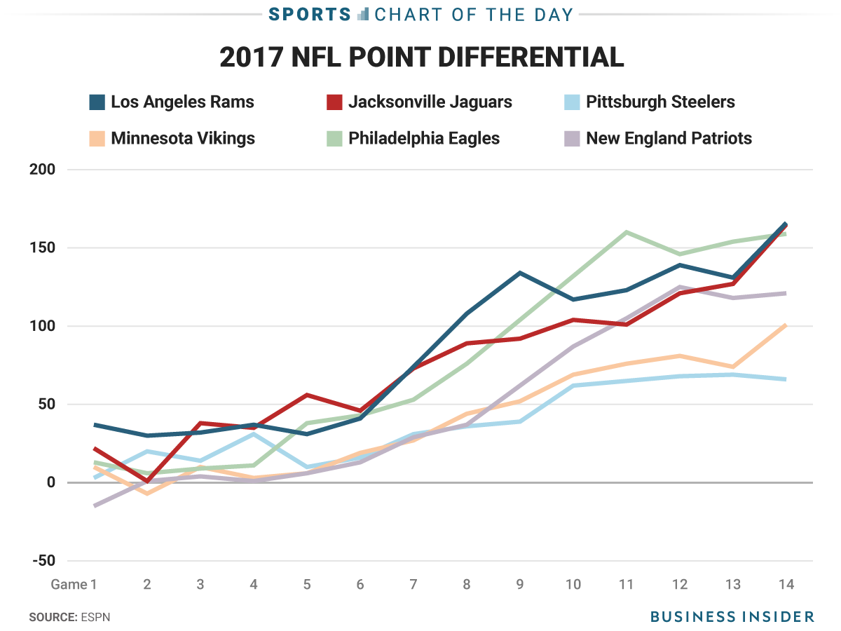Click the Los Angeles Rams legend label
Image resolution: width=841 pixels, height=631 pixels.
(x=182, y=102)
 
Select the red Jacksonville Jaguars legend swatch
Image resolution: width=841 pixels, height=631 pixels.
(x=334, y=102)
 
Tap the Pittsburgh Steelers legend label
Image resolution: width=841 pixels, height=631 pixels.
(x=660, y=102)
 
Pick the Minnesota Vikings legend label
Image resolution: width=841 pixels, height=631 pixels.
(x=183, y=138)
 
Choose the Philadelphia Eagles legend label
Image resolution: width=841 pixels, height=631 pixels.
(x=424, y=138)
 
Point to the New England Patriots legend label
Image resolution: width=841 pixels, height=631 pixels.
(x=669, y=138)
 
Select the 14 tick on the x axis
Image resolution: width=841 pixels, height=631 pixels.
(x=786, y=585)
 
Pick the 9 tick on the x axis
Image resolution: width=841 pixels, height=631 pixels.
(x=520, y=585)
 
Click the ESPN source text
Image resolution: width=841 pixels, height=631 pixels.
(x=96, y=618)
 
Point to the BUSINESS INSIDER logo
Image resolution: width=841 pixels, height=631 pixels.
(x=732, y=617)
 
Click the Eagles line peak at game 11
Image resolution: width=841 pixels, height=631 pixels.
(x=626, y=231)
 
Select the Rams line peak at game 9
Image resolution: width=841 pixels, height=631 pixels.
(x=519, y=272)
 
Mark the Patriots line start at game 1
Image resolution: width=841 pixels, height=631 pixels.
(x=94, y=506)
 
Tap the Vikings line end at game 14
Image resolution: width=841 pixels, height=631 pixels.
(x=786, y=325)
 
